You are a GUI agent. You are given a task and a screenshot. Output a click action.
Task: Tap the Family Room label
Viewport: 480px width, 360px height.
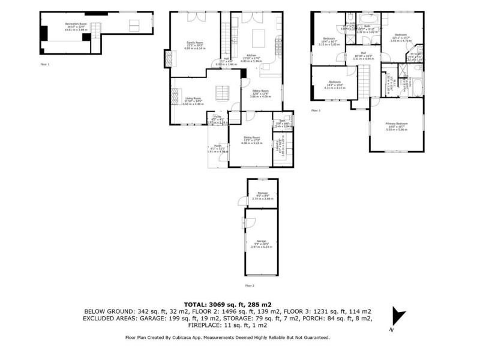195,43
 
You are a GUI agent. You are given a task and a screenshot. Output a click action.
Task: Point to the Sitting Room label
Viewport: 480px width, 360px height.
260,91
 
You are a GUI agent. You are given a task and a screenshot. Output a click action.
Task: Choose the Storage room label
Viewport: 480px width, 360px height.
261,193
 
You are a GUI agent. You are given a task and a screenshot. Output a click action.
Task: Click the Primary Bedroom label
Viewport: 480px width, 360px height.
396,124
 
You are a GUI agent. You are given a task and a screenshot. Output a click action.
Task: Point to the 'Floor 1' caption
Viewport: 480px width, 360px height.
45,64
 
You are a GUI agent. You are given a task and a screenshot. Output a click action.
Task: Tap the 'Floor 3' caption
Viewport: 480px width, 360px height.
316,110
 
